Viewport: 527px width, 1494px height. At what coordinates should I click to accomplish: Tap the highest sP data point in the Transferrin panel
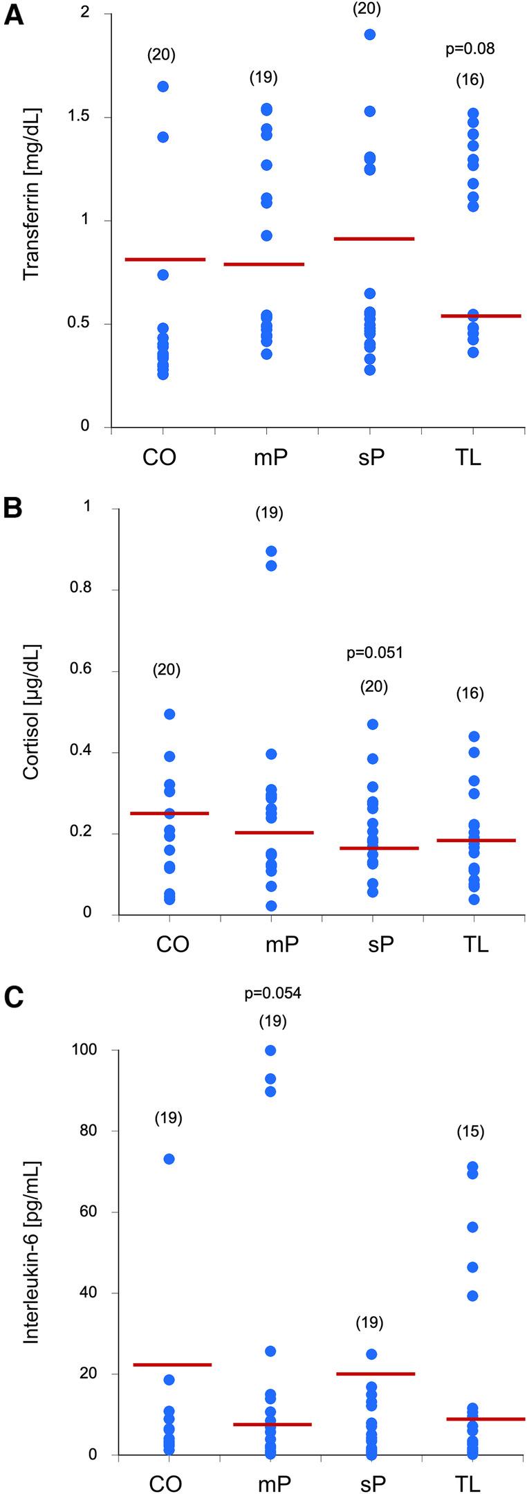(x=370, y=35)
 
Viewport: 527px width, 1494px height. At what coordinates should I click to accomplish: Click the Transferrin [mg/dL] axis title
(x=32, y=194)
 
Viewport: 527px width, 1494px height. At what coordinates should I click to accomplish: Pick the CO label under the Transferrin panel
(x=160, y=458)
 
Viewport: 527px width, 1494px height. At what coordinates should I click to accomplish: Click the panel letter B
(x=14, y=508)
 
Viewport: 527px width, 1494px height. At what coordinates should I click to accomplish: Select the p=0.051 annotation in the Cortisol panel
(x=374, y=653)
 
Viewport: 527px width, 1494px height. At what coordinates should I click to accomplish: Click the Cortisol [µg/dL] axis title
(x=32, y=713)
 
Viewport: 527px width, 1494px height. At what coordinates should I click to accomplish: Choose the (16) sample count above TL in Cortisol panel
(x=470, y=694)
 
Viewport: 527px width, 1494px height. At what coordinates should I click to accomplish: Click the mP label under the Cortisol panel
(x=282, y=944)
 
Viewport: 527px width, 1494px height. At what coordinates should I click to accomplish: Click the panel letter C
(x=14, y=996)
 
